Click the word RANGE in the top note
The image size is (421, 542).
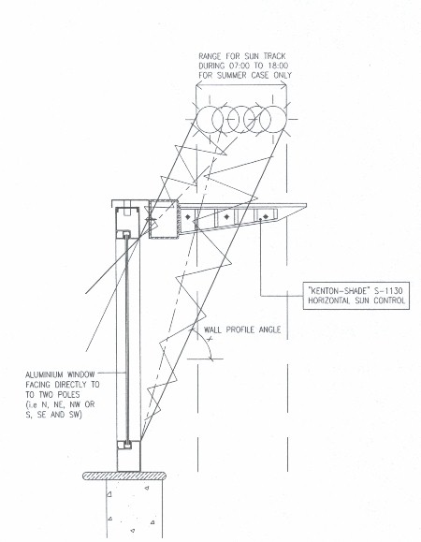210,56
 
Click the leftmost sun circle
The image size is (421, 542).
210,119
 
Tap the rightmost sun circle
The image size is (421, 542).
273,119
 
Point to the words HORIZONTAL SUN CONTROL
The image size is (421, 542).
356,300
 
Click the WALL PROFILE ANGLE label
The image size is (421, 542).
242,330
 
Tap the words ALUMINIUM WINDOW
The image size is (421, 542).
60,374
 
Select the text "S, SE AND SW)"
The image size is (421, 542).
54,414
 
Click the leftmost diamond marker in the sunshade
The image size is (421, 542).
187,217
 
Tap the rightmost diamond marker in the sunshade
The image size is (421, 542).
266,216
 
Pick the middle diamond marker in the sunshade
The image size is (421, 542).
226,217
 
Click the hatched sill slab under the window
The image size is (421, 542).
124,476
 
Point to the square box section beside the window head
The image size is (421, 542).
164,219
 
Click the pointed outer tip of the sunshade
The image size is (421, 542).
307,205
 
